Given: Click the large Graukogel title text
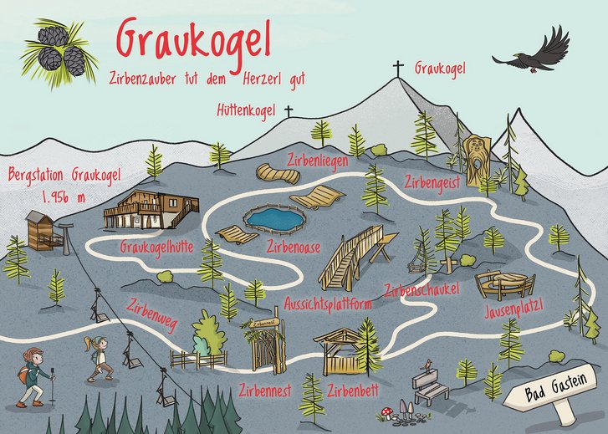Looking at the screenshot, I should tap(195, 40).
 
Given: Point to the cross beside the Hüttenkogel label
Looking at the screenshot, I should tap(289, 111).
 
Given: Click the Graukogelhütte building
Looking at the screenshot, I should tap(151, 210).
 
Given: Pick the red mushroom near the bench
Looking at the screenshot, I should tap(386, 411).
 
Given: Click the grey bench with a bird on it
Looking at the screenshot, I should tap(431, 385).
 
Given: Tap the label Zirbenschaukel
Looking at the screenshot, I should tap(422, 291).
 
